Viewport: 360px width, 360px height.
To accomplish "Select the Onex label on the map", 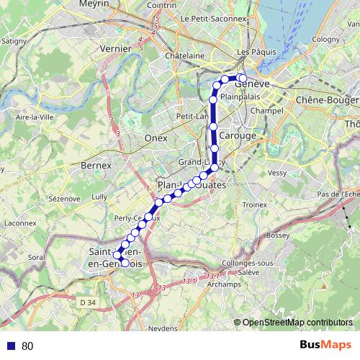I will (x=156, y=138).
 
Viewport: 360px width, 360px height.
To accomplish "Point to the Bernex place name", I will (x=97, y=166).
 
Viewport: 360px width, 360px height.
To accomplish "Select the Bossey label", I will (x=277, y=235).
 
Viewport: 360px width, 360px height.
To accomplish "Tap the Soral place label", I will (x=36, y=256).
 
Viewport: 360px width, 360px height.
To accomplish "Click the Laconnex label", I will (x=20, y=222).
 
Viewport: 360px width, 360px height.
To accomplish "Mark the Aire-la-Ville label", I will (x=31, y=117).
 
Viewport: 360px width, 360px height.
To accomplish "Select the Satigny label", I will (x=11, y=42).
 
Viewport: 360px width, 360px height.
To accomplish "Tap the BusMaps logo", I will (x=324, y=346).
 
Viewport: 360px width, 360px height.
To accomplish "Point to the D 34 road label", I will (x=88, y=301).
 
